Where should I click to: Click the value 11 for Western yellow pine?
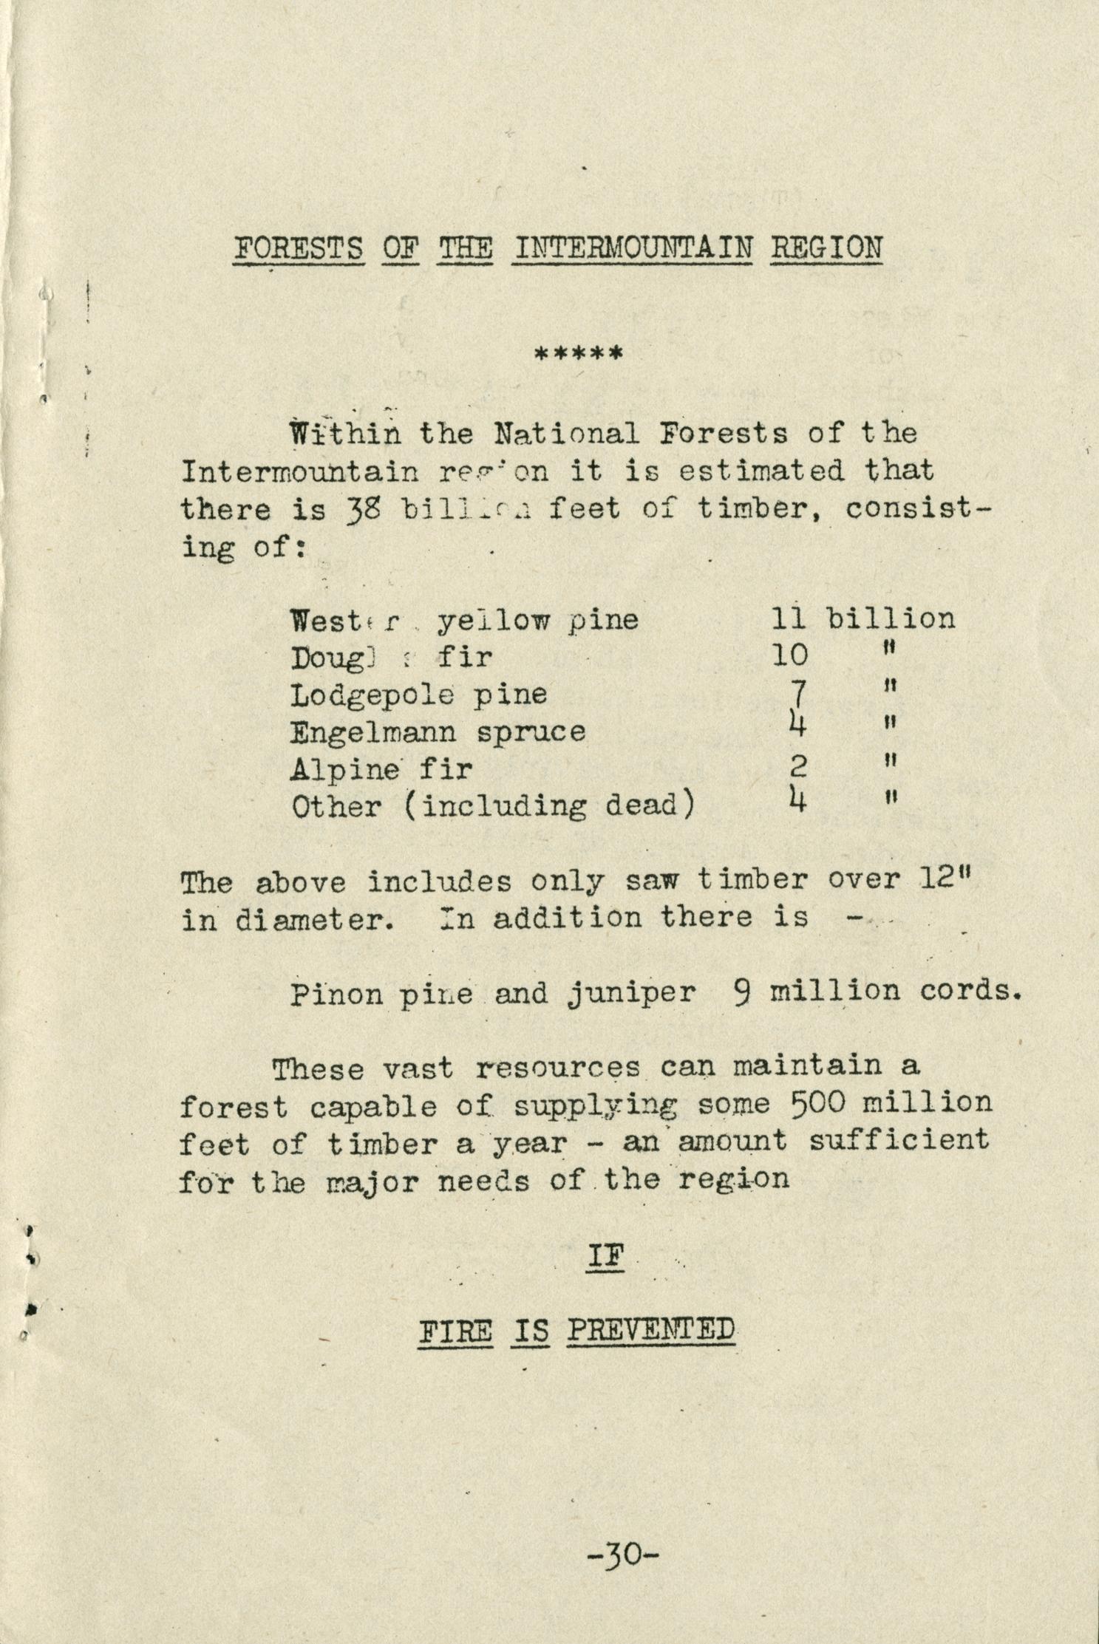788,618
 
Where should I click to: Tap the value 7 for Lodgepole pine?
797,693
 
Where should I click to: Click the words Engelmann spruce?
438,731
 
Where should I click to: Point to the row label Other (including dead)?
493,806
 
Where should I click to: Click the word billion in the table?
890,618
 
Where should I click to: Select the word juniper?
632,992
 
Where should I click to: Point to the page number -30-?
622,1555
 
